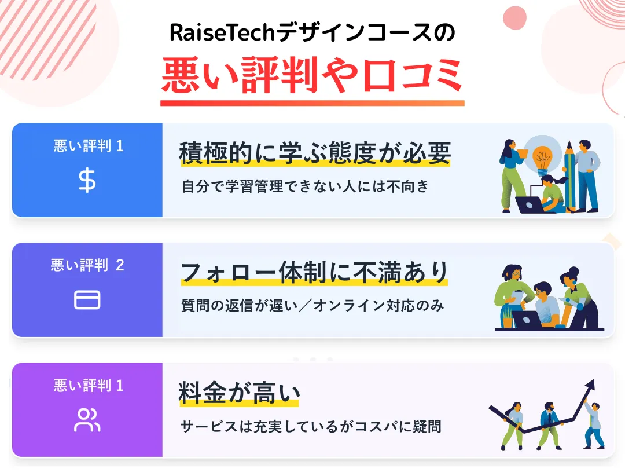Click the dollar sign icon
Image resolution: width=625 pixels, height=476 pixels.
[87, 181]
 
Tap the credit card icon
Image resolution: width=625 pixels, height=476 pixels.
[87, 300]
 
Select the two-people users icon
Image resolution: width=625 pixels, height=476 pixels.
[87, 420]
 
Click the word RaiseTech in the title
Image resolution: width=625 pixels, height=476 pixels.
[223, 34]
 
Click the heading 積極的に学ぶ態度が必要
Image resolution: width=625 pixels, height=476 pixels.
[315, 153]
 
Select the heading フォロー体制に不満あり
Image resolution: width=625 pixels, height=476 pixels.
[314, 272]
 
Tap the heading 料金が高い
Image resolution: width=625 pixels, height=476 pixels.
[238, 393]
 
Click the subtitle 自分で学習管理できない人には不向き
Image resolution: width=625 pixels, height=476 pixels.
[305, 186]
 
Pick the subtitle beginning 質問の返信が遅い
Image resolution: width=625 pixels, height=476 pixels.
[312, 306]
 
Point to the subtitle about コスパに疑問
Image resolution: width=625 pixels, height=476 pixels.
[311, 427]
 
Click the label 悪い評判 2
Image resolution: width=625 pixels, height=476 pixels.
[87, 266]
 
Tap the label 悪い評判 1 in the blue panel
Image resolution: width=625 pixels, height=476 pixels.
[89, 146]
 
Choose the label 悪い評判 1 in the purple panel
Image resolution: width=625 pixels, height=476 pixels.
[89, 386]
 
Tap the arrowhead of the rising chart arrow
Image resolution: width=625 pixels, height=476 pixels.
[590, 385]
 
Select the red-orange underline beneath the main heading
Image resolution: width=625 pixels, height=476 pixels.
[312, 103]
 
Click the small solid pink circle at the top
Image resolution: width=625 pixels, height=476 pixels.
[514, 17]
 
